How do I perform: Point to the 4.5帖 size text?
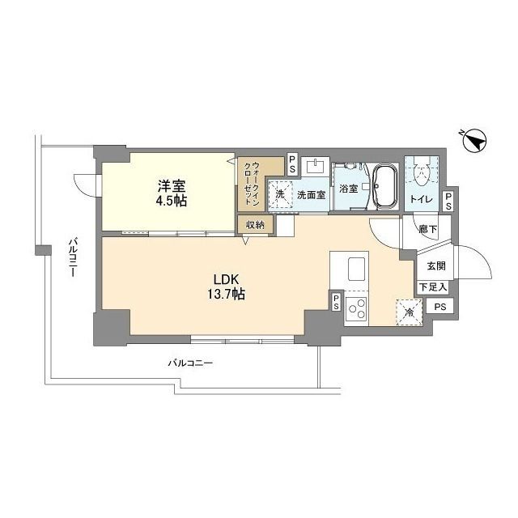[172, 201]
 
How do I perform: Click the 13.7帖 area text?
[226, 295]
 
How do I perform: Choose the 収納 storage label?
[253, 224]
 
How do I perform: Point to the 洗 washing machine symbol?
[280, 194]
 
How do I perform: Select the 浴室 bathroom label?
[348, 189]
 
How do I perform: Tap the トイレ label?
[420, 198]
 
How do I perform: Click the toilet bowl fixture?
[421, 171]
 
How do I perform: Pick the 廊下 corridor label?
[428, 230]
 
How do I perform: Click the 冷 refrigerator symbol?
[410, 308]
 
